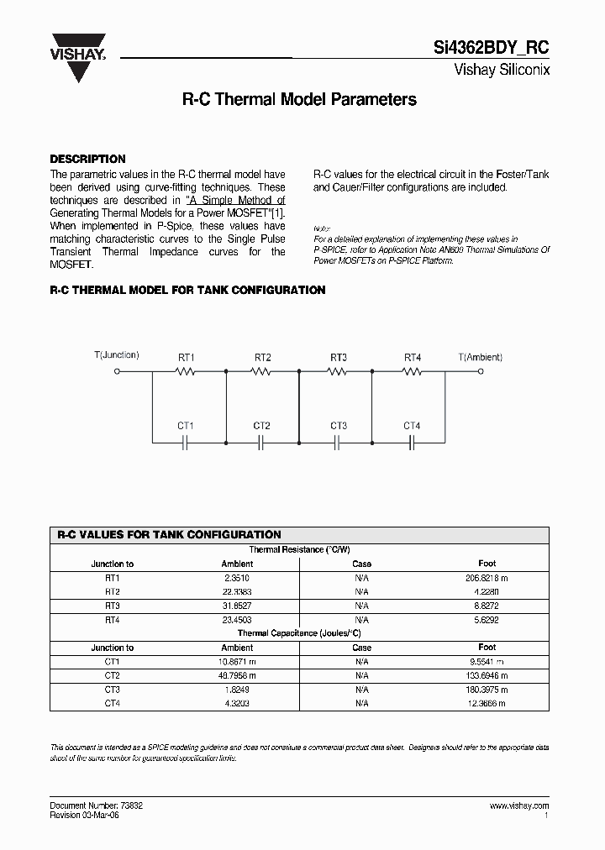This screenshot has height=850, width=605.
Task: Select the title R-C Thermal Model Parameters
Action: [299, 99]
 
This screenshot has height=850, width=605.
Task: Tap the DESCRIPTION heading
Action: [87, 159]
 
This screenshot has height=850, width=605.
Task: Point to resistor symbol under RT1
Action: [187, 370]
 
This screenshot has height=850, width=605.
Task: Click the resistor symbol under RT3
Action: [338, 370]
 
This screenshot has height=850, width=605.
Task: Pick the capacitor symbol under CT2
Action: [261, 440]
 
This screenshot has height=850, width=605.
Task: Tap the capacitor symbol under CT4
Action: [412, 440]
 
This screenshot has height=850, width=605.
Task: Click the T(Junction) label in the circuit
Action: [117, 355]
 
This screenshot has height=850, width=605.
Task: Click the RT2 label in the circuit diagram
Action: [262, 358]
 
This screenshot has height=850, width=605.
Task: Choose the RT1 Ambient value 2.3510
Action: [237, 578]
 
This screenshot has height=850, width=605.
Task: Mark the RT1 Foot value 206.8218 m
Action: [487, 578]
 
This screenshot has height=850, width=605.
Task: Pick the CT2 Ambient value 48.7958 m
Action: [237, 675]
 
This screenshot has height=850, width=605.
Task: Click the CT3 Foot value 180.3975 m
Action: [487, 690]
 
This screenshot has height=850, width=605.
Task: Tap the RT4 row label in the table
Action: [113, 620]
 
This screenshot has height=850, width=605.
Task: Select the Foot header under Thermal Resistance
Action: [487, 564]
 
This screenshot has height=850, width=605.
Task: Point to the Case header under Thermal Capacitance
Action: [361, 648]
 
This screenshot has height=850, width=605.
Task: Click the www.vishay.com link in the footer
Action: [518, 805]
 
